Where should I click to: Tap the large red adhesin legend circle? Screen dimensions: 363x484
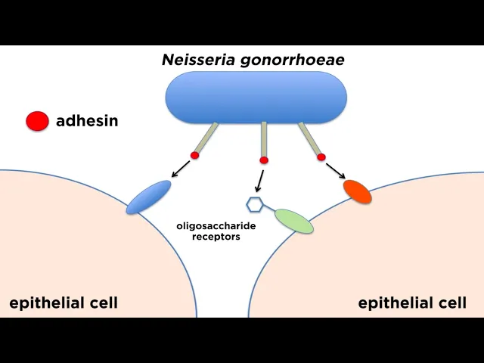[x=37, y=120]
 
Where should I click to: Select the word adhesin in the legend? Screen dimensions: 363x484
[x=87, y=120]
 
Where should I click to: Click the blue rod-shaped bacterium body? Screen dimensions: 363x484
[x=256, y=98]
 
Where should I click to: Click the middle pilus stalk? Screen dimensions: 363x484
[x=263, y=138]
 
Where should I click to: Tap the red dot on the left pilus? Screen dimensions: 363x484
[x=194, y=155]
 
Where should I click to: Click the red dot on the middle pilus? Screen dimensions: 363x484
[x=263, y=160]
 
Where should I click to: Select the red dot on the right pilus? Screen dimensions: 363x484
[x=321, y=157]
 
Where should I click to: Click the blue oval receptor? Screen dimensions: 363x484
[x=149, y=197]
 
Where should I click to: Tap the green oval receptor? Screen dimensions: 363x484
[x=293, y=220]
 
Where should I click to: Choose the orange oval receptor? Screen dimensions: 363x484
[x=358, y=191]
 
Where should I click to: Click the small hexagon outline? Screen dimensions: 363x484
[x=255, y=204]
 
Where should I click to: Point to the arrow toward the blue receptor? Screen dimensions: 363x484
[x=181, y=169]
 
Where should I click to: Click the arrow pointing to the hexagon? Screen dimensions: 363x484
[x=259, y=181]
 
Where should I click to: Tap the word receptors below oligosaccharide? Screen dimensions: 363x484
[x=216, y=237]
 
